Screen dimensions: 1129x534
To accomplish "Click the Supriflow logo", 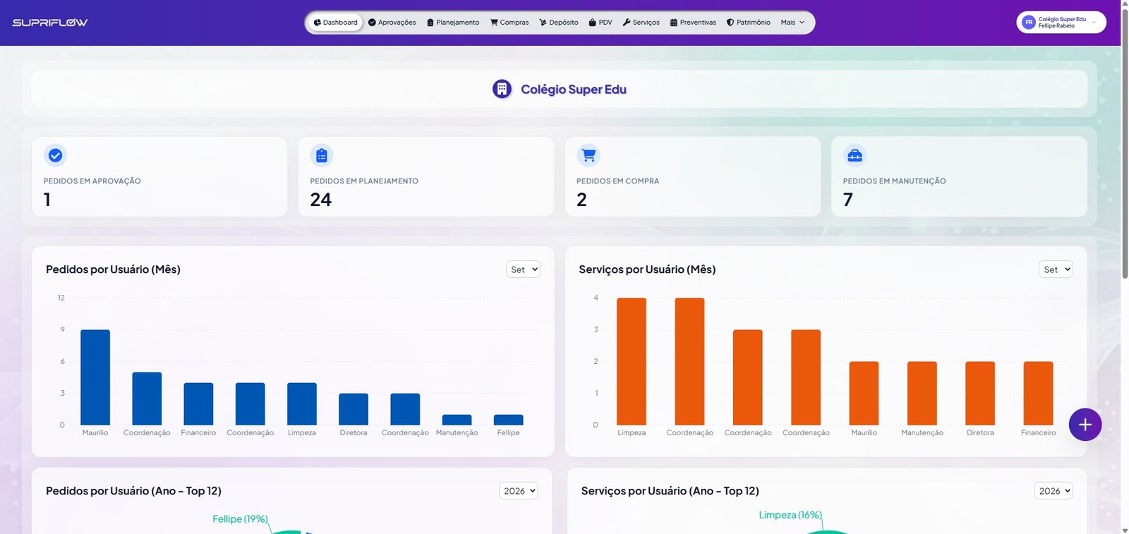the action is click(x=50, y=22).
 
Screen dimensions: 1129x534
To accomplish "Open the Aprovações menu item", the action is click(x=392, y=22).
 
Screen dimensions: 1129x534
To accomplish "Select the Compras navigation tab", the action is click(x=509, y=22).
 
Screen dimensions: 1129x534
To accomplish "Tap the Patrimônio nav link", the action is click(x=749, y=22).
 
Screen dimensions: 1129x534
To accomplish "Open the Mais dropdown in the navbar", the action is click(x=792, y=22).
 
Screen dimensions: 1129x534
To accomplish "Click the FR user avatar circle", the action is click(x=1029, y=22).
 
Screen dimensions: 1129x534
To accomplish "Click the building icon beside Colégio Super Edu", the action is click(x=502, y=89).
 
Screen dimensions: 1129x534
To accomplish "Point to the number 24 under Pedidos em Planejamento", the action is click(x=320, y=200).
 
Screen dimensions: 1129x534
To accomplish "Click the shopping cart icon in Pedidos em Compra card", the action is click(x=588, y=155).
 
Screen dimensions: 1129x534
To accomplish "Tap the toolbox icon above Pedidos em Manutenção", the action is click(x=855, y=155).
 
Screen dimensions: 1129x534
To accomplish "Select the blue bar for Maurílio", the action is click(x=95, y=377).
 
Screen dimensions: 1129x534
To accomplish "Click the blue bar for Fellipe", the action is click(x=508, y=420).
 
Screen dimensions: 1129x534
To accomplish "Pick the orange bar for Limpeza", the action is click(x=632, y=361).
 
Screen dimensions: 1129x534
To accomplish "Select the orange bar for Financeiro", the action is click(x=1038, y=393).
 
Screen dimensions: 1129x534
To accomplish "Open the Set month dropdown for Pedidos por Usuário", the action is click(x=523, y=269).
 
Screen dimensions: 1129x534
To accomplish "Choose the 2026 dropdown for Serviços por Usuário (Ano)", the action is click(x=1053, y=491).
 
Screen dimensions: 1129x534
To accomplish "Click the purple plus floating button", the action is click(x=1085, y=425).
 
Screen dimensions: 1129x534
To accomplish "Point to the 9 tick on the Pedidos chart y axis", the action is click(x=63, y=329).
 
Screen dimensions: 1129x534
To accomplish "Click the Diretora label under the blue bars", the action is click(x=354, y=432).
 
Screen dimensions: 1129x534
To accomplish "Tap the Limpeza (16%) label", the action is click(x=790, y=515).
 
